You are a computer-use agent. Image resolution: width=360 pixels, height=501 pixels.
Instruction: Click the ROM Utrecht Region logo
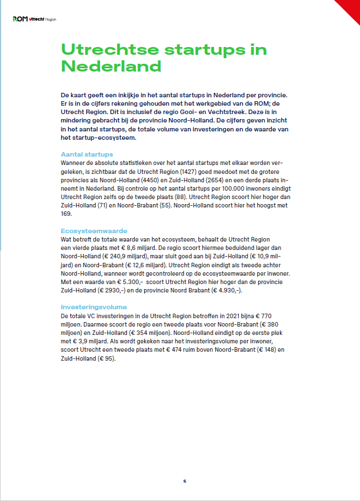point(34,19)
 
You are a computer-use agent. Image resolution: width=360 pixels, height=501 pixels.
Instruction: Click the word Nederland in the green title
point(111,67)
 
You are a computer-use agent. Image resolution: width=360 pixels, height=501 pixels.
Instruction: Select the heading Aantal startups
point(86,154)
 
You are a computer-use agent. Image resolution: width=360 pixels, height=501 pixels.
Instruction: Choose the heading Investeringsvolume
point(93,307)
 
